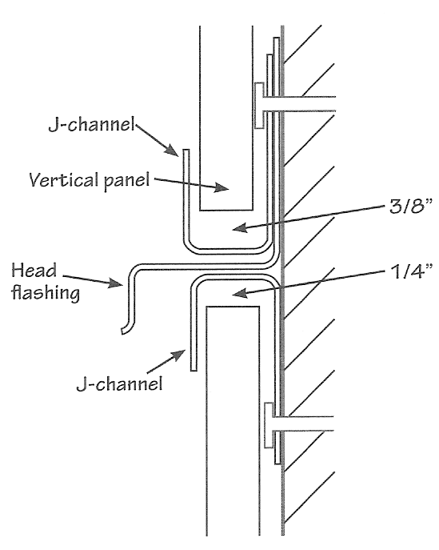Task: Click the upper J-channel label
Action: [91, 125]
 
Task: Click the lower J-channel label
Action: [119, 383]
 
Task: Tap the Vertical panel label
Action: [90, 181]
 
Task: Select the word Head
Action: [34, 271]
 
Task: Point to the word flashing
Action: [46, 293]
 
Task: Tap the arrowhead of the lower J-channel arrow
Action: [178, 355]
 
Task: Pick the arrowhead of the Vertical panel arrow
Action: [221, 187]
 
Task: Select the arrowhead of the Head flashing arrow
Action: [116, 283]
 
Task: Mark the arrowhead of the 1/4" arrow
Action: [240, 292]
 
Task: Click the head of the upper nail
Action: [259, 106]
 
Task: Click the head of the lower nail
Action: [269, 425]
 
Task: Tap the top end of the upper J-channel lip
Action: [186, 150]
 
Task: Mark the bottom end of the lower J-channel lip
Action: [194, 370]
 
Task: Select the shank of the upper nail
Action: [300, 104]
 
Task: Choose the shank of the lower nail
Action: [304, 424]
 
